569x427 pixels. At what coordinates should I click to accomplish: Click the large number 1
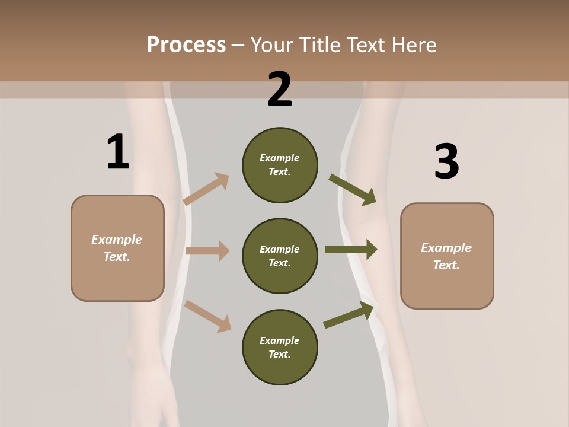[x=118, y=152]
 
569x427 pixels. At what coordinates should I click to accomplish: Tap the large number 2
[x=280, y=90]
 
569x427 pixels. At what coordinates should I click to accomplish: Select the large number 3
[x=446, y=161]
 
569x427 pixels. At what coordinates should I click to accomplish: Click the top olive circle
[x=280, y=165]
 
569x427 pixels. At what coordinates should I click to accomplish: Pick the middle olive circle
[x=280, y=256]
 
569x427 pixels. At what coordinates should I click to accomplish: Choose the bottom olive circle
[x=280, y=347]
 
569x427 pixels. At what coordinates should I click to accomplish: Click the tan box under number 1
[x=117, y=248]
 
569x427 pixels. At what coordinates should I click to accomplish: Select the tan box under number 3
[x=447, y=256]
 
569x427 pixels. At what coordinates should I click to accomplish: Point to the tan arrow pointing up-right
[x=206, y=189]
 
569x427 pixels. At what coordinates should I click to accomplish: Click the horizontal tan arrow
[x=207, y=251]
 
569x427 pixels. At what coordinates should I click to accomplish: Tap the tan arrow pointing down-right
[x=207, y=316]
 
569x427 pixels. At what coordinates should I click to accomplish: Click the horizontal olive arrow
[x=350, y=250]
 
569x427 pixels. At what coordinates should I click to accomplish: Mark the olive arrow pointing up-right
[x=349, y=315]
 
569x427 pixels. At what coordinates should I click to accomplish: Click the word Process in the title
[x=186, y=44]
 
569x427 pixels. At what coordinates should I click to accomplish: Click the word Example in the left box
[x=117, y=240]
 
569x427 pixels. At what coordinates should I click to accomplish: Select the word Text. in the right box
[x=446, y=265]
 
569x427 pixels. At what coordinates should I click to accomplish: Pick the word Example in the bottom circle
[x=280, y=340]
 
